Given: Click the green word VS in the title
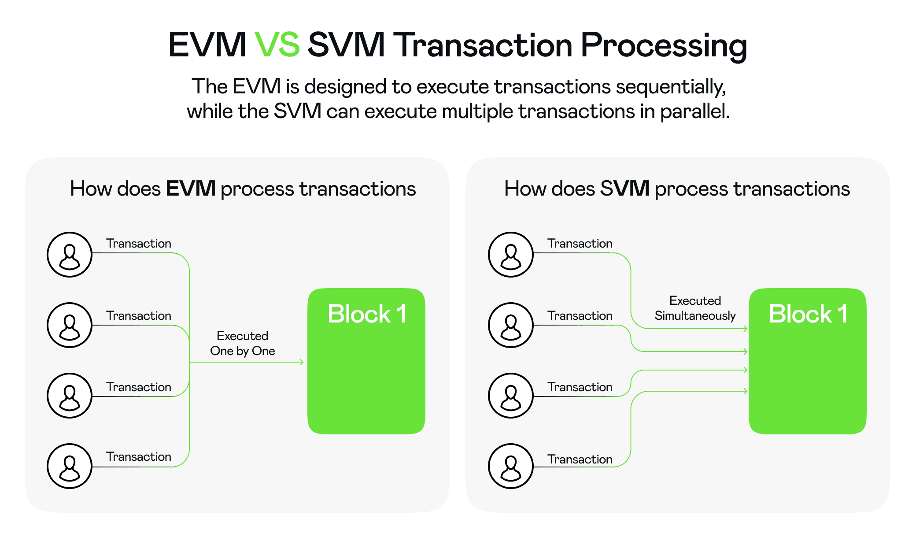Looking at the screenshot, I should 277,45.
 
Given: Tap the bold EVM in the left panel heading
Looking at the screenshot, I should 190,189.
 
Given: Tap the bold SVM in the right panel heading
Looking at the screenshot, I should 624,189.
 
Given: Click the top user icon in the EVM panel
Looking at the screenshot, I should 70,255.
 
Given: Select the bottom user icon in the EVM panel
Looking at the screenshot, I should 70,466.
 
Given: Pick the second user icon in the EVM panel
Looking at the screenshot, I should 70,325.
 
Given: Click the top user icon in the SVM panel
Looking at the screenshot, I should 511,255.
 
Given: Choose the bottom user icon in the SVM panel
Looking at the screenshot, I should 511,466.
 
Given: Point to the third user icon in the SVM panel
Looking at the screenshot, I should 511,396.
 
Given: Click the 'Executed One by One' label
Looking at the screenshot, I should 242,344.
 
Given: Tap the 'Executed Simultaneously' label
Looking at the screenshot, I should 695,308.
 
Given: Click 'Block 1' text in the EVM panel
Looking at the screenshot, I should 367,314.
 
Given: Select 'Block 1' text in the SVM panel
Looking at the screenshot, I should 808,314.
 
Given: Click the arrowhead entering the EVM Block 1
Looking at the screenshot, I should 302,362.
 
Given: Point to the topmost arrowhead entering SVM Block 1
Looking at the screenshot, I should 745,329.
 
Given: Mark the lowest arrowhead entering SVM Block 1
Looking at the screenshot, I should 745,391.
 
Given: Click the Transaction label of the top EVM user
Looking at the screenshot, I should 138,244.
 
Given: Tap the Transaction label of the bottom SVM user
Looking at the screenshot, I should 580,459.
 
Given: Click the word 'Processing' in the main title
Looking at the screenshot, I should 664,46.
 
